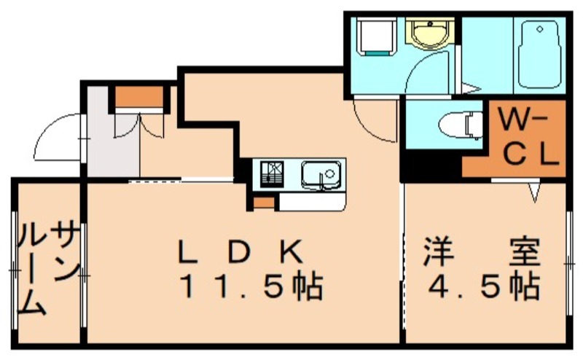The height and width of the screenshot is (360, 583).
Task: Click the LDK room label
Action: (x=240, y=251)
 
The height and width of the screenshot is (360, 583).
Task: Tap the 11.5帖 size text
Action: (x=251, y=287)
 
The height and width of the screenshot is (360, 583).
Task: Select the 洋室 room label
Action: (x=481, y=251)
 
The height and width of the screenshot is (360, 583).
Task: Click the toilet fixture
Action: (x=461, y=125)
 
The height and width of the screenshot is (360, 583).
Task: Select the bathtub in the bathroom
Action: (x=539, y=55)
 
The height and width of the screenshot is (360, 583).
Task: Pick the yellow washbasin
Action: (x=430, y=34)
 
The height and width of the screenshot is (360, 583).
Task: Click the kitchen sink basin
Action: (x=321, y=175)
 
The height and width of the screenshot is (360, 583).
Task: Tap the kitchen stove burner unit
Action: (x=272, y=173)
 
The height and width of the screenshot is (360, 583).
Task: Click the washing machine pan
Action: (x=375, y=36)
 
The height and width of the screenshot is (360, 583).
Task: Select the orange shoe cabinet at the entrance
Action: (x=139, y=97)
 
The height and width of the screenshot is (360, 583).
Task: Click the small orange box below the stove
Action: (x=264, y=203)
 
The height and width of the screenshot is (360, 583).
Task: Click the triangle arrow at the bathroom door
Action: (x=471, y=88)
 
